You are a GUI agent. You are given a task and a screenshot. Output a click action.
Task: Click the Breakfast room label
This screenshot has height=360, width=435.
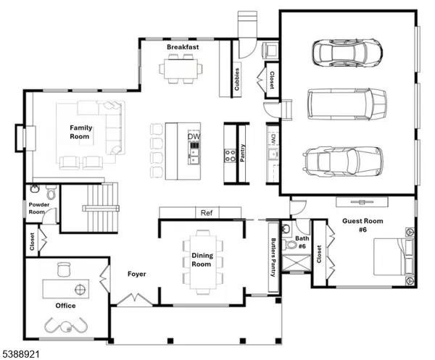coord(183,47)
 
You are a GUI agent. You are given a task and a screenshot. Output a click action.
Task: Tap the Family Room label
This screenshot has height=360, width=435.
coord(80,132)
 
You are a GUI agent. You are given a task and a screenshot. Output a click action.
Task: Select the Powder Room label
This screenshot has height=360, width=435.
coord(38,209)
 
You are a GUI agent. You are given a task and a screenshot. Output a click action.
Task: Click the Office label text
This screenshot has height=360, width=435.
coord(65,306)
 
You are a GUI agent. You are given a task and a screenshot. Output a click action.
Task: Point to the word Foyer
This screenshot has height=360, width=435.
coord(138,275)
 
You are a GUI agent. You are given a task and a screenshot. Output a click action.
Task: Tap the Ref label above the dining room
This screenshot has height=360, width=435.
coord(206,213)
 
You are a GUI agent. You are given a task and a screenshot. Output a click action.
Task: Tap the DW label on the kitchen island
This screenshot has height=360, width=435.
coord(194,136)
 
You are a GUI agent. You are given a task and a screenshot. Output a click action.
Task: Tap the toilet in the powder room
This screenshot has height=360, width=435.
coord(50,193)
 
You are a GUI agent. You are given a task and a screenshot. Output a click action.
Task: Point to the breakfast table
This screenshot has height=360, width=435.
coord(183,67)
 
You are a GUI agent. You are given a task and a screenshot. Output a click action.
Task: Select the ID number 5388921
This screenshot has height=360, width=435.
coord(21,353)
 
